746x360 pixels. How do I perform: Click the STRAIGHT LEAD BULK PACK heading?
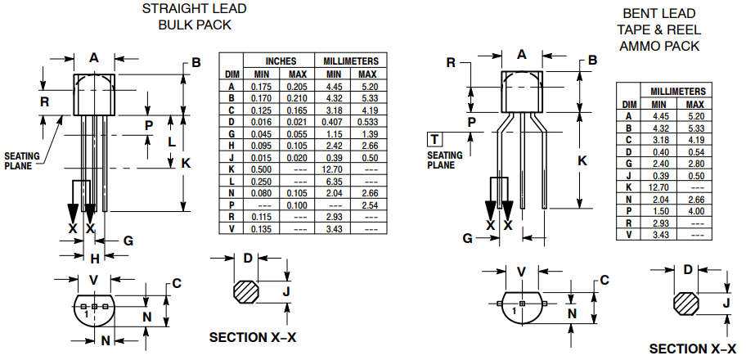coord(194,16)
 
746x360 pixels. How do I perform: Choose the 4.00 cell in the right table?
coord(695,210)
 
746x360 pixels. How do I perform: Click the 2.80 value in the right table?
coord(695,163)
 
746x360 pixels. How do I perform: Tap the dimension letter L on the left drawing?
coord(172,141)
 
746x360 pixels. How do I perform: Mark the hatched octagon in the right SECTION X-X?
coord(685,302)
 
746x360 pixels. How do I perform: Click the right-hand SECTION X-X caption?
coord(692,349)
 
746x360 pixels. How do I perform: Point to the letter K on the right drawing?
coord(582,160)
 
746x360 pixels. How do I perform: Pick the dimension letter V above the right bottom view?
coord(521,272)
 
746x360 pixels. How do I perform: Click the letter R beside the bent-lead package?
coord(451,63)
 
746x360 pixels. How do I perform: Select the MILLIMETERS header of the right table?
coord(676,92)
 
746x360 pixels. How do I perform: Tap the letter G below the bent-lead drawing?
coord(468,238)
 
